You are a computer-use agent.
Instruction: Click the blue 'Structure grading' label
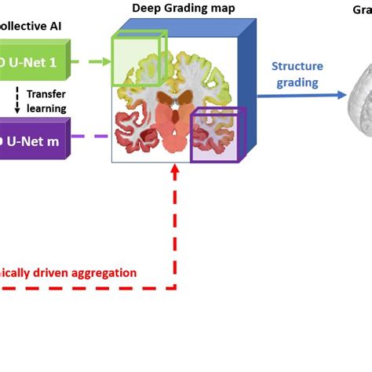tap(297, 74)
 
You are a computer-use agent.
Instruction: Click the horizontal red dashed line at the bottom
tap(86, 288)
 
